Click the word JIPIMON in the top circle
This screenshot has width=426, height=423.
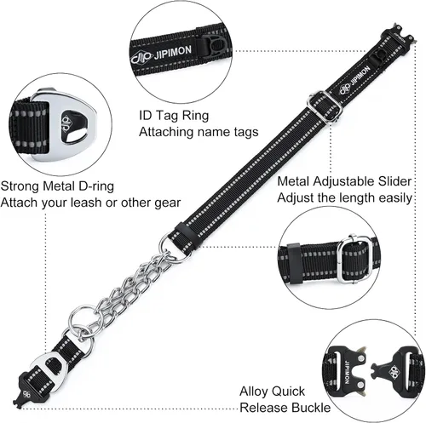[x=173, y=52]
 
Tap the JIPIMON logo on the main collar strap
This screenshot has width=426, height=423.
[x=355, y=80]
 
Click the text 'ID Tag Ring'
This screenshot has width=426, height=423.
[x=174, y=116]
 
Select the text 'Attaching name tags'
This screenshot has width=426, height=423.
[x=199, y=132]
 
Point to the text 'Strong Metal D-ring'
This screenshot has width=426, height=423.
[x=57, y=186]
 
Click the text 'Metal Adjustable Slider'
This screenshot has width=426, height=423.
[x=344, y=181]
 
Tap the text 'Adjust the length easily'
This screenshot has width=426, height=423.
[x=344, y=197]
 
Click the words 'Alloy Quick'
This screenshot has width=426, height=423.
[x=272, y=392]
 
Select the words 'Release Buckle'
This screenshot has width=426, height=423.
[x=285, y=408]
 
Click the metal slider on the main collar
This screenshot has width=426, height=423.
[x=325, y=106]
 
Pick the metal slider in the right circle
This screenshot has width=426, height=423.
[x=354, y=259]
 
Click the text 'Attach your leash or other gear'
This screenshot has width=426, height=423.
[x=90, y=203]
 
